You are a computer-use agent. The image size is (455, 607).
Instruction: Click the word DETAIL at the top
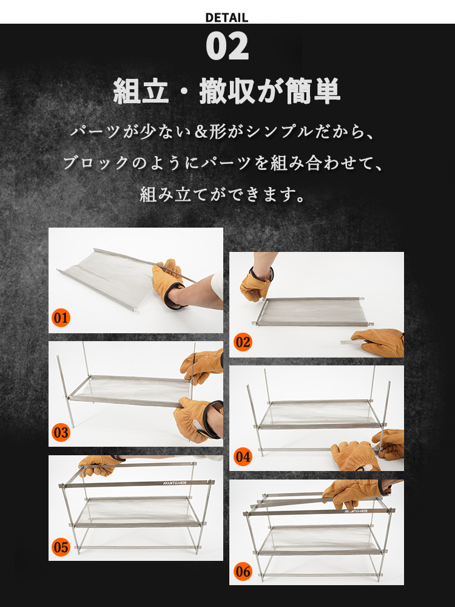[227, 18]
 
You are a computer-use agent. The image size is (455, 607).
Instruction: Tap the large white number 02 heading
[227, 46]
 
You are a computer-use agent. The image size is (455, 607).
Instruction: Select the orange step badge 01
[61, 318]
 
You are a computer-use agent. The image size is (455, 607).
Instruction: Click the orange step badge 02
[243, 342]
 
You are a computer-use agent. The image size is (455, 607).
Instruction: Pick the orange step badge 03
[61, 432]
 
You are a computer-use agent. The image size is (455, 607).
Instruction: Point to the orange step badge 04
[243, 456]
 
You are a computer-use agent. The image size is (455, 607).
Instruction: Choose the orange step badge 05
[61, 547]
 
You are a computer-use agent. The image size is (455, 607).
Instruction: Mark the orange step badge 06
[243, 571]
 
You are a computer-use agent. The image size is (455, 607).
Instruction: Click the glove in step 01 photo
[169, 283]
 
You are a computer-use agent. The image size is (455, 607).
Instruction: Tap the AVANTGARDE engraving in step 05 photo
[175, 483]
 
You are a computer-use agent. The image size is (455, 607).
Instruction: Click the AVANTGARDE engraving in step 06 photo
[356, 511]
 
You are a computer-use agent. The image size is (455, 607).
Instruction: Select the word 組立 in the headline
[141, 92]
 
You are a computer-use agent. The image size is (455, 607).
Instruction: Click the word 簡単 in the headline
[312, 92]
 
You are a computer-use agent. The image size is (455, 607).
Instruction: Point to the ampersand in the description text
[201, 132]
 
